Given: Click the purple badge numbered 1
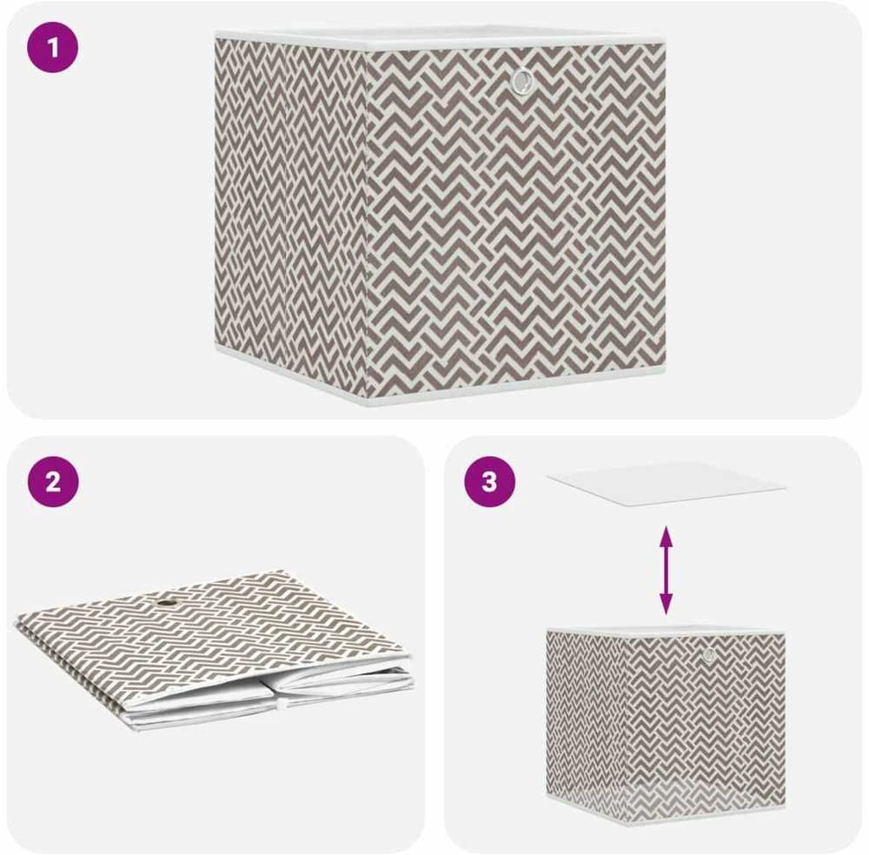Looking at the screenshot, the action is pyautogui.click(x=53, y=47).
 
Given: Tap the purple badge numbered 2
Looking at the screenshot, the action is pyautogui.click(x=53, y=481).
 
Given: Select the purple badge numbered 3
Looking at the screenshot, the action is pyautogui.click(x=489, y=481).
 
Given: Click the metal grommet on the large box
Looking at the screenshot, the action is pyautogui.click(x=522, y=81).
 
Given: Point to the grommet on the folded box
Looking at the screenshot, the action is pyautogui.click(x=165, y=603).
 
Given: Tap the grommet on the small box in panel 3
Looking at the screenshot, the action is pyautogui.click(x=709, y=656).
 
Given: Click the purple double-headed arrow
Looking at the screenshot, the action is pyautogui.click(x=666, y=570).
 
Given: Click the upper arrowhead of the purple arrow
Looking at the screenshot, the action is pyautogui.click(x=666, y=535).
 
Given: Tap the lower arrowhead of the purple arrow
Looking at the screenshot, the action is pyautogui.click(x=666, y=605).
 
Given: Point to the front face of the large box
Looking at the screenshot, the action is pyautogui.click(x=515, y=219).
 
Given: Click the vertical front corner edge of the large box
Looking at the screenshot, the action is pyautogui.click(x=367, y=222).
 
